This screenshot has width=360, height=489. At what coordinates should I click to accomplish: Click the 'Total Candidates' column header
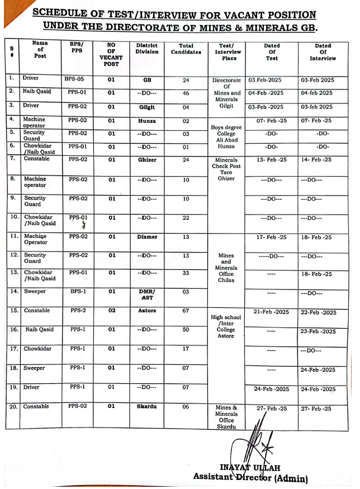(x=186, y=49)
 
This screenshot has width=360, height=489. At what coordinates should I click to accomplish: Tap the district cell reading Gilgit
(x=147, y=107)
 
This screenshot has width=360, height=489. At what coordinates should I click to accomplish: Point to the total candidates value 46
(x=186, y=93)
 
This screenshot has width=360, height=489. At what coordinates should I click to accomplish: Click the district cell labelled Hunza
(x=147, y=121)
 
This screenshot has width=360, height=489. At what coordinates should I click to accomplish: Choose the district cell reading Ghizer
(x=147, y=160)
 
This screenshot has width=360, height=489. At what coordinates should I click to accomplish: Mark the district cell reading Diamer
(x=147, y=237)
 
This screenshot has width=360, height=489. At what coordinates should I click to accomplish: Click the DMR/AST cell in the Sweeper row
(x=147, y=295)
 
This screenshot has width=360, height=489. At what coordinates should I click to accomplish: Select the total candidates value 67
(x=186, y=311)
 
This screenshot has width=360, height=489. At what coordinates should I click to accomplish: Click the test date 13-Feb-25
(x=272, y=160)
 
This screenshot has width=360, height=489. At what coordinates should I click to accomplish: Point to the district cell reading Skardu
(x=147, y=407)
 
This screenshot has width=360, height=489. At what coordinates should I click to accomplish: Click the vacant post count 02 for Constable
(x=111, y=311)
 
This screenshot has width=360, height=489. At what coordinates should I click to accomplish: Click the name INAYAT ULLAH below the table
(x=250, y=467)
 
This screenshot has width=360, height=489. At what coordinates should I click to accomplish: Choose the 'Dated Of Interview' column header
(x=323, y=52)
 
